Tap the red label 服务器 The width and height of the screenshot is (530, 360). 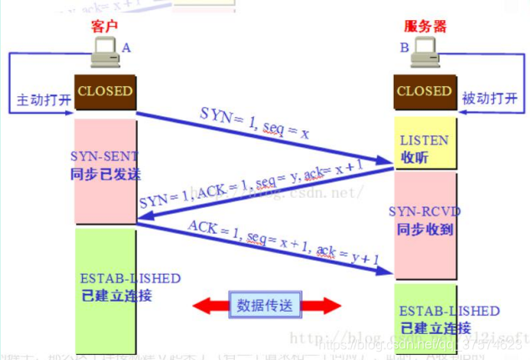click(424, 27)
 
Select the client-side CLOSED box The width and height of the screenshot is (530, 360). click(105, 91)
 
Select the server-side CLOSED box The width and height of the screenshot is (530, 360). click(424, 91)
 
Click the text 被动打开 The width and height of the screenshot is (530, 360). click(488, 99)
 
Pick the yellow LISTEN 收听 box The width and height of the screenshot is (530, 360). click(424, 148)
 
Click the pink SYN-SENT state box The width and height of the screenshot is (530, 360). click(105, 172)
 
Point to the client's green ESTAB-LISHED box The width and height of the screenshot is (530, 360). click(105, 284)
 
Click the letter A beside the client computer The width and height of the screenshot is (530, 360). click(126, 48)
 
